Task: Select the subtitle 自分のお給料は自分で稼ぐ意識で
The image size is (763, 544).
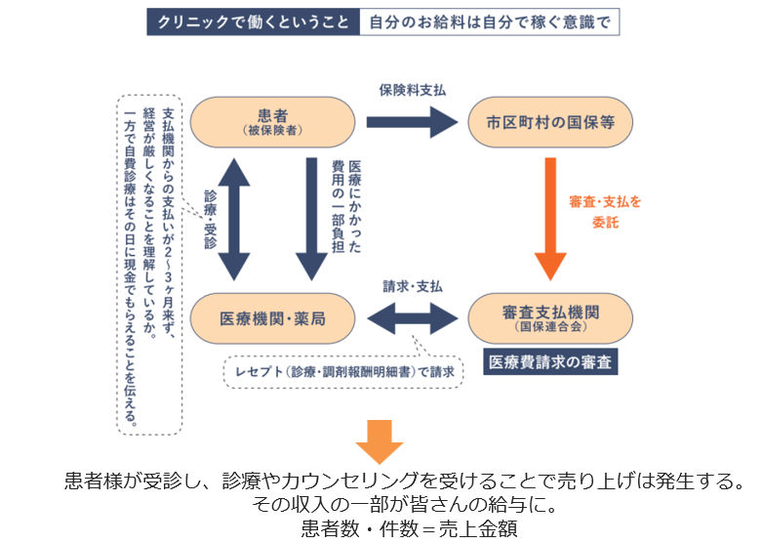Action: pyautogui.click(x=489, y=22)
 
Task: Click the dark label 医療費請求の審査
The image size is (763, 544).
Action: pyautogui.click(x=551, y=362)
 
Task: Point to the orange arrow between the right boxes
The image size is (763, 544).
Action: pyautogui.click(x=550, y=218)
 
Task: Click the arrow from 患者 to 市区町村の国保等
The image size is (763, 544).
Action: pyautogui.click(x=412, y=122)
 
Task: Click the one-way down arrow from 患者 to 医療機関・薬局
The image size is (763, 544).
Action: pyautogui.click(x=309, y=219)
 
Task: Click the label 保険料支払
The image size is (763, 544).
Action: pyautogui.click(x=412, y=89)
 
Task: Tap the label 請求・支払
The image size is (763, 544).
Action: pyautogui.click(x=413, y=286)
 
